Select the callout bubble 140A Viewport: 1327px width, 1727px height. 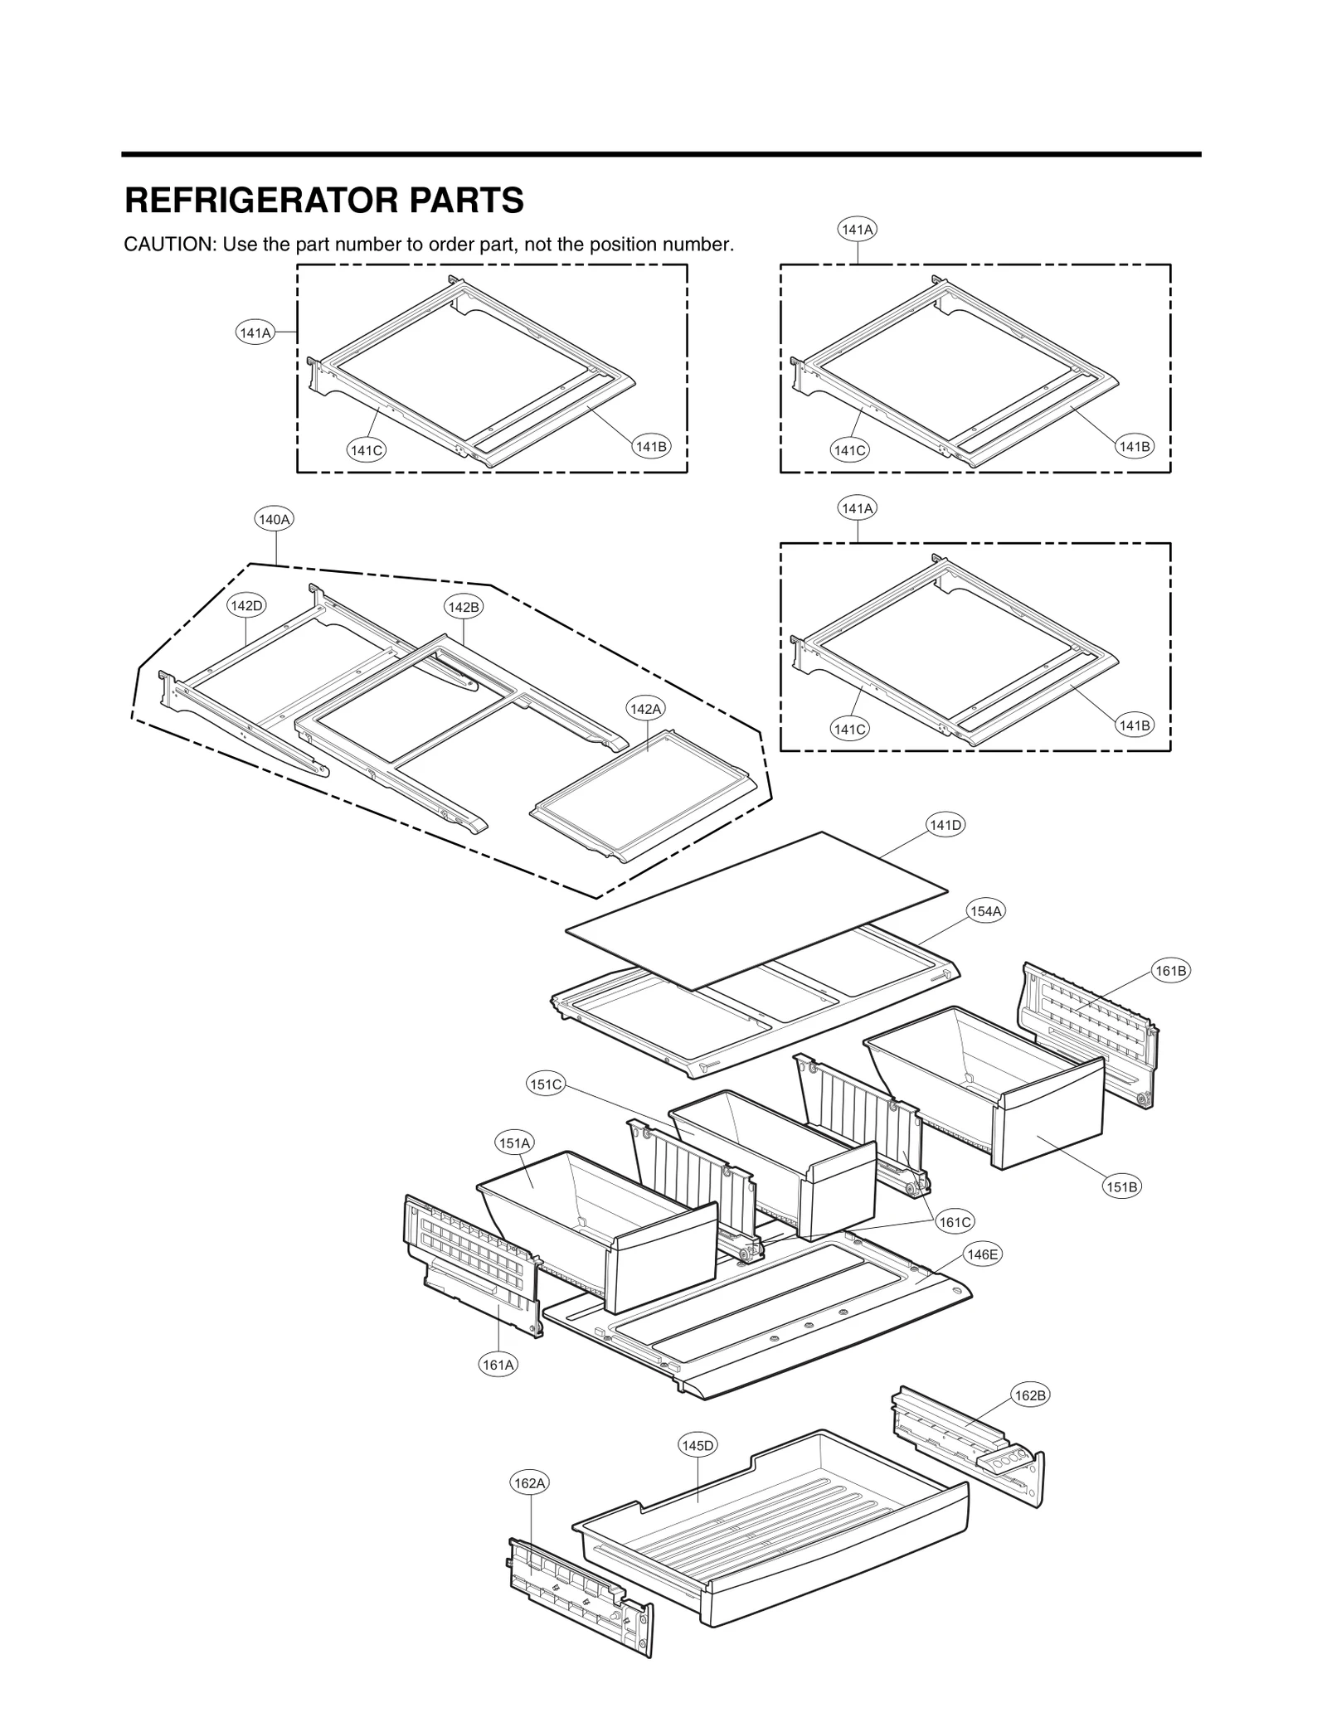(x=275, y=520)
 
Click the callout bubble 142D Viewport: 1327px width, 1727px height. (x=246, y=605)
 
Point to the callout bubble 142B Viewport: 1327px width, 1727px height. (x=464, y=607)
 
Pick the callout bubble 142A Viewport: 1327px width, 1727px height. (x=646, y=709)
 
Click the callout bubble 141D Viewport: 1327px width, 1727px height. (x=945, y=825)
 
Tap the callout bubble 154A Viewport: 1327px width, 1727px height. (x=986, y=911)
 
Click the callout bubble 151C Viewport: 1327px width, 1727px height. (x=546, y=1084)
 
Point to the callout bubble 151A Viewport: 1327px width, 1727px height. (x=514, y=1143)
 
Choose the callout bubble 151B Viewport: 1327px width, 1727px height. (x=1122, y=1186)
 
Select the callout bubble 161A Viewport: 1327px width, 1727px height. (x=498, y=1365)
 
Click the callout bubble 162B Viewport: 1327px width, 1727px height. (x=1031, y=1395)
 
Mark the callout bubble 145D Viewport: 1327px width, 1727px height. (x=698, y=1446)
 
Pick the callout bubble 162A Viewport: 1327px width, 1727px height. (x=529, y=1482)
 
